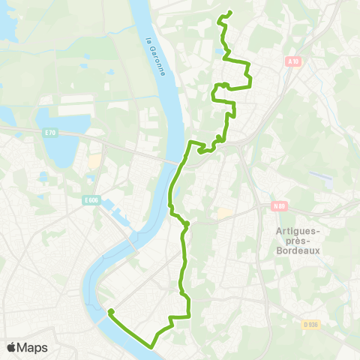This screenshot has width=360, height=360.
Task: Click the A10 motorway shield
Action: (292, 63)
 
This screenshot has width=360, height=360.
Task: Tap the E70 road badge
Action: (50, 133)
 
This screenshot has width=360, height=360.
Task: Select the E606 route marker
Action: (91, 200)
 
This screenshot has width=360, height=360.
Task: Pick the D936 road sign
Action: (311, 303)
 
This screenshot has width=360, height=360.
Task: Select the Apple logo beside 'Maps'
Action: (13, 347)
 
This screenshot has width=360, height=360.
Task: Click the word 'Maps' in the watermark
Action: (34, 347)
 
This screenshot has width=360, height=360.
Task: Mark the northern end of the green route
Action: (228, 12)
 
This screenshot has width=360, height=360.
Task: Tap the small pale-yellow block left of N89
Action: (223, 214)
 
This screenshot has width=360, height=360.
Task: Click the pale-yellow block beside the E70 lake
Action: (94, 161)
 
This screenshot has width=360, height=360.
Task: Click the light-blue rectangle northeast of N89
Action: (320, 177)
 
